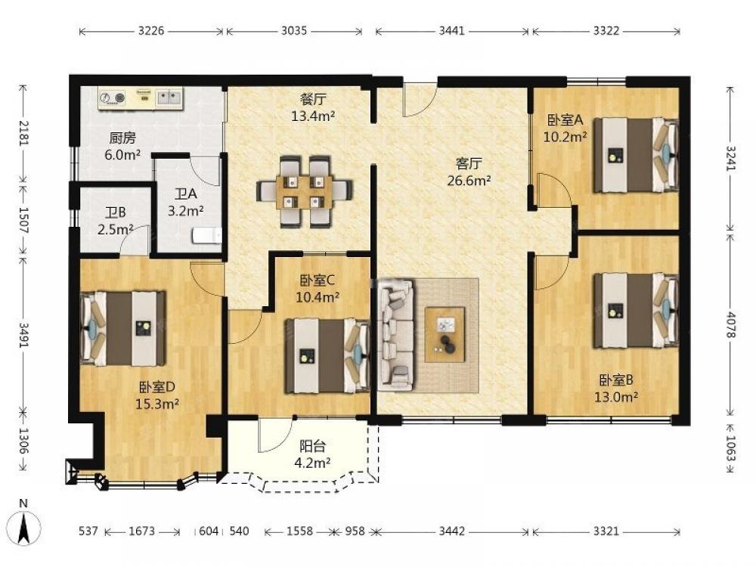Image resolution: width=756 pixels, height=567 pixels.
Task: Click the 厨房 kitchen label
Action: (x=122, y=138)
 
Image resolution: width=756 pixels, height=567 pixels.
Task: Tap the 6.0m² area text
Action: (x=122, y=155)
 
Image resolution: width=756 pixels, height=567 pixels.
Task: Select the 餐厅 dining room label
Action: (x=313, y=99)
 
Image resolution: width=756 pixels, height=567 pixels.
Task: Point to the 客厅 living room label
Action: (x=469, y=164)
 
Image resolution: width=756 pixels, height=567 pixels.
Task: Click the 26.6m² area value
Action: (x=469, y=181)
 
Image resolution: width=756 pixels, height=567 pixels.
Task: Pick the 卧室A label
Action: (x=565, y=119)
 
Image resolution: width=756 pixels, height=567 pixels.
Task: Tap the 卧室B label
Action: (x=616, y=380)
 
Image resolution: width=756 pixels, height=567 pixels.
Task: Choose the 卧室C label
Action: (x=318, y=280)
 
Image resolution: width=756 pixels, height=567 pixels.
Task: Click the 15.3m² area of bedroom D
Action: (x=157, y=404)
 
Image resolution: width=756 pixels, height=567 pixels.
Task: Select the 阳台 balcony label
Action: (x=312, y=446)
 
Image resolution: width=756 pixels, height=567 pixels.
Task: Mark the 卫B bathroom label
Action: (x=116, y=212)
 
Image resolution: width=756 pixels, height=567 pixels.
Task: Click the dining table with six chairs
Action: (x=305, y=191)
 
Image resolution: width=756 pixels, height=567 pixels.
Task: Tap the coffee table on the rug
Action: (x=445, y=335)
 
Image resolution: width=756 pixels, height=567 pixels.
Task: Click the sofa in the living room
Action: (x=396, y=335)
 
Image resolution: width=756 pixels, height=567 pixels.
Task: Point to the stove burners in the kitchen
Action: (x=113, y=98)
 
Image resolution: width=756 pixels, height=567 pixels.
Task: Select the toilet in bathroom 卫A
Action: (x=207, y=236)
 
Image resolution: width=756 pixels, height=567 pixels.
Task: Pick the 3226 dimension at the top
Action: (x=151, y=31)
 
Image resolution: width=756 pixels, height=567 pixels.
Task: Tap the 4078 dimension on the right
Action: (x=731, y=324)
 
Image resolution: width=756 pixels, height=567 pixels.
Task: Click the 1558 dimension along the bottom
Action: (x=300, y=531)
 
